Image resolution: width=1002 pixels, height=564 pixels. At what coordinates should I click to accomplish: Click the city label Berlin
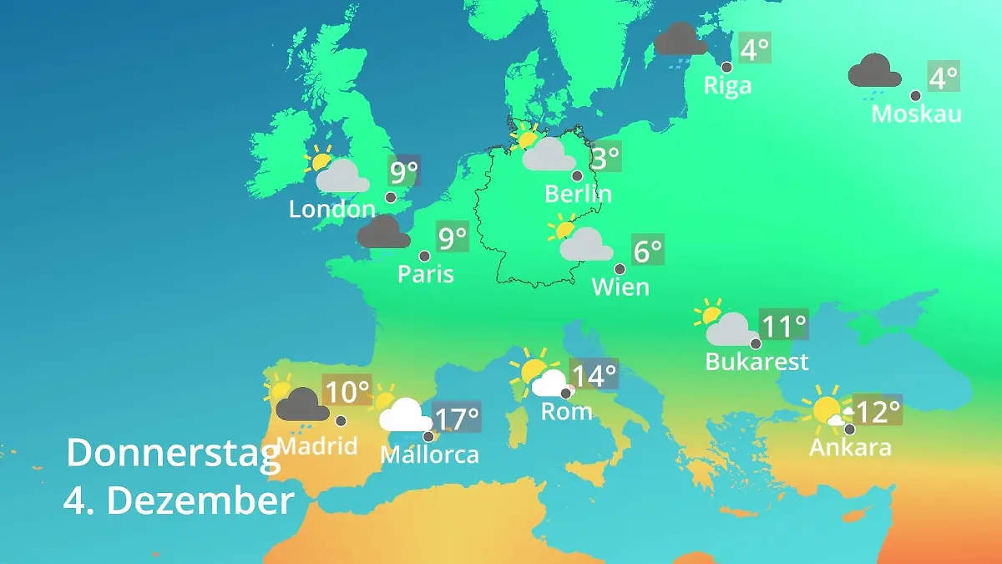tap(578, 194)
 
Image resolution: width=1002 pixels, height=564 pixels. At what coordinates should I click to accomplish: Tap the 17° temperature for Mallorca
tap(458, 417)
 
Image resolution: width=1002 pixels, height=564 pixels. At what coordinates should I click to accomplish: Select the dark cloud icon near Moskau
tap(874, 71)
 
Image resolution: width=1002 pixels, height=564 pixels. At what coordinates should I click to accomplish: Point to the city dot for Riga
tap(726, 67)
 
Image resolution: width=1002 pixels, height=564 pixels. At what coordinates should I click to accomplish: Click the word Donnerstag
tap(173, 453)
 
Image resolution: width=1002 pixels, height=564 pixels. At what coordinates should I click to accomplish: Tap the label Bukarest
tap(757, 362)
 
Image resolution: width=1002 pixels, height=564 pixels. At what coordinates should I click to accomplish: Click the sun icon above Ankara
tap(827, 410)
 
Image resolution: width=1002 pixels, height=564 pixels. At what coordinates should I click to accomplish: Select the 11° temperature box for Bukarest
tap(784, 324)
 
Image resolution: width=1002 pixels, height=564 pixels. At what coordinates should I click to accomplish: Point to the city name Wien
tap(620, 287)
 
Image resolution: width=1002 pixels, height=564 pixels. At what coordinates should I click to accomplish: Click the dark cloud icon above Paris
tap(383, 232)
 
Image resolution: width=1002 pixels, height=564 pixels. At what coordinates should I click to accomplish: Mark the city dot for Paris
tap(424, 257)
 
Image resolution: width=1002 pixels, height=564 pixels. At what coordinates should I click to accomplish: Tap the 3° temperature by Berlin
tap(605, 156)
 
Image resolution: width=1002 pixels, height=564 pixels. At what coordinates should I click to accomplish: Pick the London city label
tap(331, 209)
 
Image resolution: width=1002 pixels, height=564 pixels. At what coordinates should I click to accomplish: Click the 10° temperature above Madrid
tap(347, 391)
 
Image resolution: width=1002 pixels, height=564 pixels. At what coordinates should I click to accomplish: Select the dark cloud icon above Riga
tap(681, 39)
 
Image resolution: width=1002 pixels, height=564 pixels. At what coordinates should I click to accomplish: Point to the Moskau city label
tap(916, 114)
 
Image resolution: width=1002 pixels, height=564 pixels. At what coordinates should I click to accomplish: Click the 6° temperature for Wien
tap(648, 250)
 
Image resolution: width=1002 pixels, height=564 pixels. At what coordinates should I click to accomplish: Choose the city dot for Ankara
tap(849, 429)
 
